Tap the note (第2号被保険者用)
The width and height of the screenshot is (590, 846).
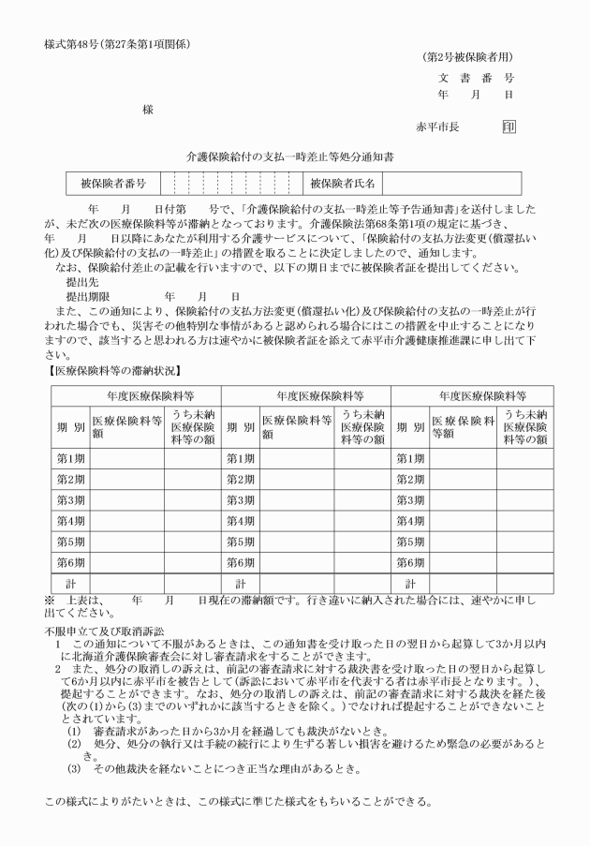point(468,58)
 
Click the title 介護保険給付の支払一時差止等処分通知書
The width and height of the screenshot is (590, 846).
point(294,157)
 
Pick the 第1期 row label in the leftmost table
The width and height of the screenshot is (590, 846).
point(70,458)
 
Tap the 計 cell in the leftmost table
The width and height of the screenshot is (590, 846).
point(70,583)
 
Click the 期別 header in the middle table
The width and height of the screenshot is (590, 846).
point(241,426)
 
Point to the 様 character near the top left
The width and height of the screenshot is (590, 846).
point(147,110)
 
